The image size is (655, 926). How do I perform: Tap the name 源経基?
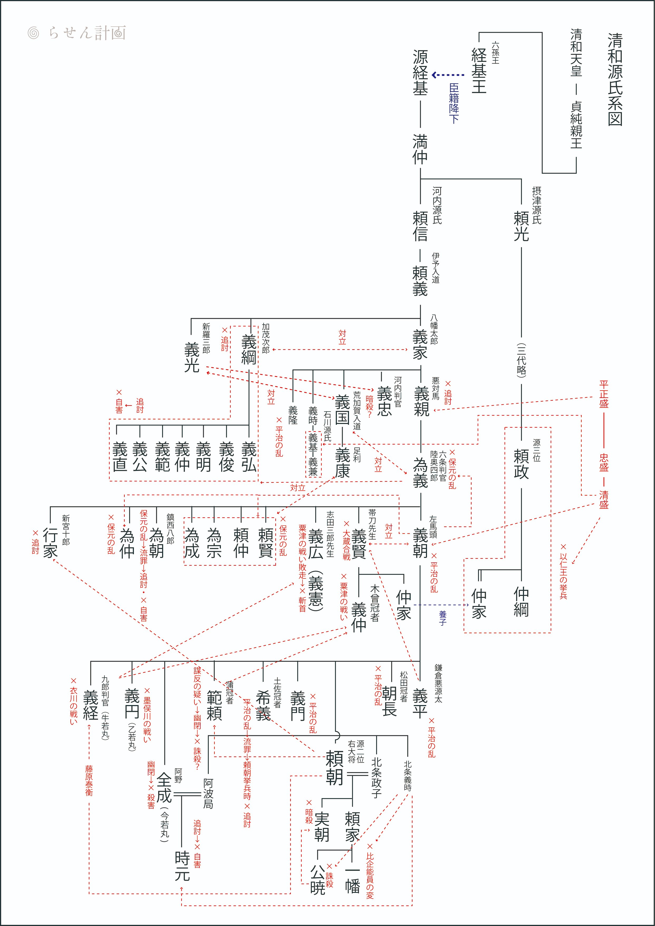pyautogui.click(x=420, y=73)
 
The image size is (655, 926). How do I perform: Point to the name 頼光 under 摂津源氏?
pyautogui.click(x=521, y=226)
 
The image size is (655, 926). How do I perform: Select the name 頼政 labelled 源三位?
pyautogui.click(x=521, y=464)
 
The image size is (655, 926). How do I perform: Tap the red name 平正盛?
pyautogui.click(x=603, y=394)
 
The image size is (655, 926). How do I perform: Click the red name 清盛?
pyautogui.click(x=603, y=499)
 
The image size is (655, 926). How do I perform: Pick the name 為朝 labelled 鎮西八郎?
pyautogui.click(x=157, y=543)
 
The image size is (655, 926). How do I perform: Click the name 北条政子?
pyautogui.click(x=376, y=778)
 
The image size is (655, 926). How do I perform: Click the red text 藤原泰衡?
pyautogui.click(x=89, y=780)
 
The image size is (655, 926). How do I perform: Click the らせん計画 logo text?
pyautogui.click(x=87, y=33)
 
